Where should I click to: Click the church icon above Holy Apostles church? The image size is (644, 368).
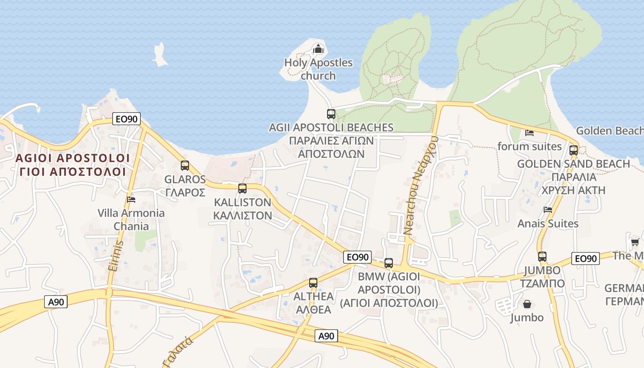318,48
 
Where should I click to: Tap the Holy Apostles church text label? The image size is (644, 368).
318,69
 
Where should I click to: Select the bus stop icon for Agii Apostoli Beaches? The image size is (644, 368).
331,114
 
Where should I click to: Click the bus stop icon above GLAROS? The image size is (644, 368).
185,166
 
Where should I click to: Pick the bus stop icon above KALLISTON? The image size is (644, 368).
242,189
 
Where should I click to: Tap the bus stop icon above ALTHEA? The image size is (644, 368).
313,283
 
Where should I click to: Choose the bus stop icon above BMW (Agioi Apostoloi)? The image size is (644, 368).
389,263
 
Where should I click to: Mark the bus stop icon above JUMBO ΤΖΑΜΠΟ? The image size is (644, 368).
542,257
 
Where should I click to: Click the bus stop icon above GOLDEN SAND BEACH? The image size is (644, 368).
574,150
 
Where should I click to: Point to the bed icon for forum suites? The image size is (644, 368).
529,133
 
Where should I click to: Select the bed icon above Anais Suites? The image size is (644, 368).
547,210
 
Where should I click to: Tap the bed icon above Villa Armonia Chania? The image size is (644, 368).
131,200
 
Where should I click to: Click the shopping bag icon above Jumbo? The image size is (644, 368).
527,305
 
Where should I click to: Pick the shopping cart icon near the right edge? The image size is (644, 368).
635,242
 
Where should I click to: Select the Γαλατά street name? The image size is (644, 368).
178,351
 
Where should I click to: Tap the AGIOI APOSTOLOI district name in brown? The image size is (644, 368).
73,158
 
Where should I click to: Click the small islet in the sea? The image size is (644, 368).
160,54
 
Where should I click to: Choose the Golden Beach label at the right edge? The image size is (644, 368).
609,131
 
